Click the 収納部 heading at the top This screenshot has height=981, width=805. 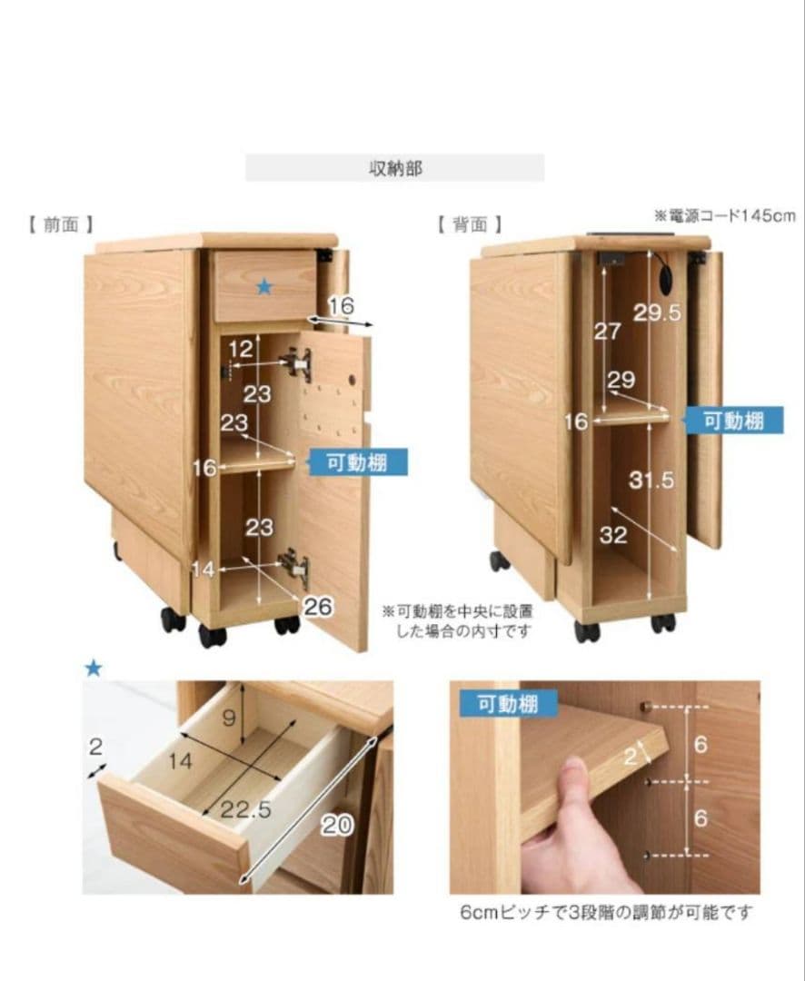(x=394, y=168)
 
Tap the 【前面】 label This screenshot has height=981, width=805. (x=61, y=224)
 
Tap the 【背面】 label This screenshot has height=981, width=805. (x=469, y=224)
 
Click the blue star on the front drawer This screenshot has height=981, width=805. (x=263, y=287)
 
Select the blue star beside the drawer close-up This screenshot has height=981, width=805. (x=93, y=669)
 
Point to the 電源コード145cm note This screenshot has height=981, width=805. (x=724, y=215)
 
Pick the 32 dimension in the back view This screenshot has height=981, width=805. (x=613, y=535)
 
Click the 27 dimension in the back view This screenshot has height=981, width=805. (x=607, y=332)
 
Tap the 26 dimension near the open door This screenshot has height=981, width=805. (x=317, y=607)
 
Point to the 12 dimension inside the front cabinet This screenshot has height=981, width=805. (x=241, y=349)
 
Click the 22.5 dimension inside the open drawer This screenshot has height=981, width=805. (x=246, y=809)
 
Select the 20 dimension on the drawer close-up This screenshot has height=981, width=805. (x=337, y=825)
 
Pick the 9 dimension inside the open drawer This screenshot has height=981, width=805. (x=230, y=718)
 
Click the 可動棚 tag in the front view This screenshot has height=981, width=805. (x=357, y=462)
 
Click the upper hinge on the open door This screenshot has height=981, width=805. (x=298, y=364)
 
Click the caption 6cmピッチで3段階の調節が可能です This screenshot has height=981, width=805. (x=606, y=912)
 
